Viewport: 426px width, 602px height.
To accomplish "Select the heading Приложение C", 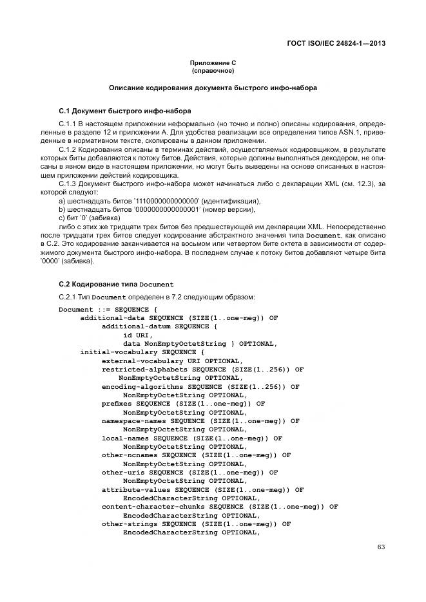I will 213,62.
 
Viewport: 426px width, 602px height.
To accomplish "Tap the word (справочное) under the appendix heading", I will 213,70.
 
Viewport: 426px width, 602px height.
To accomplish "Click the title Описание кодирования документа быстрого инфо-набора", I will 213,87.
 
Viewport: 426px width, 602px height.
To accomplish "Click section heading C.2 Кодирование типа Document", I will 116,284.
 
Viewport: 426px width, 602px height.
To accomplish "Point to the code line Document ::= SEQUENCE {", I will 104,309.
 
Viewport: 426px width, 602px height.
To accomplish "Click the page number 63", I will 381,547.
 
